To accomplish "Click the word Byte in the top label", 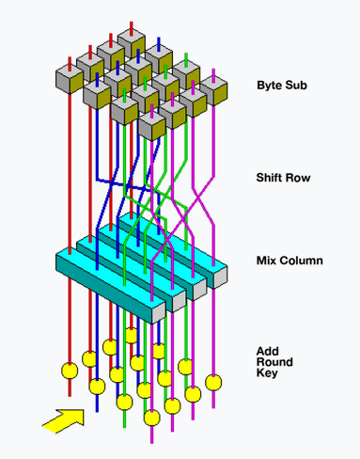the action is [x=269, y=86].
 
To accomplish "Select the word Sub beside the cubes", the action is [x=295, y=86].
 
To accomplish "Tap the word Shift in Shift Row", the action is [x=270, y=178].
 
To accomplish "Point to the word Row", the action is [x=298, y=178].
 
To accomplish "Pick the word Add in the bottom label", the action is [x=268, y=351].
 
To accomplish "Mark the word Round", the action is [x=274, y=362].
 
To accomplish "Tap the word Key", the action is [x=267, y=373].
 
